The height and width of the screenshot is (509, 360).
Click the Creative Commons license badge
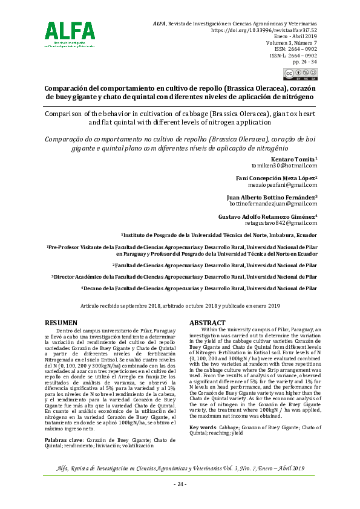coord(300,74)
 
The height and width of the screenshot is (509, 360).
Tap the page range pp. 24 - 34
coord(305,62)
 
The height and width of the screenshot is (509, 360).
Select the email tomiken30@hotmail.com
coord(284,165)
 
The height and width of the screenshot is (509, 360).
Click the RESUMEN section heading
coord(62,323)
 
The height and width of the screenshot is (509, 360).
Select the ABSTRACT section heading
coord(208,323)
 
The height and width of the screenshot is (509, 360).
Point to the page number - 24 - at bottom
coord(180,484)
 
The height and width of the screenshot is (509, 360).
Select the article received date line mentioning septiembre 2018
coord(180,306)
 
